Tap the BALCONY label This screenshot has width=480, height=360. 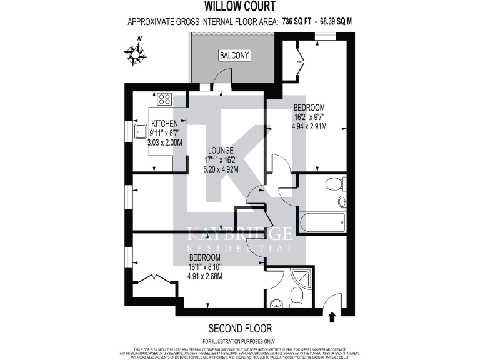coord(234,56)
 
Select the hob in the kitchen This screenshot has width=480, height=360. coord(164,99)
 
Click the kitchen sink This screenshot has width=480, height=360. coord(141,132)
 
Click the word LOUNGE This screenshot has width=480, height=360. coord(221,150)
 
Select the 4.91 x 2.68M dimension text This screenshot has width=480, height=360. coord(206,276)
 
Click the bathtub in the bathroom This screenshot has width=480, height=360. coord(322,221)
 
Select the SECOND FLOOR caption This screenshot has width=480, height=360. coord(239,328)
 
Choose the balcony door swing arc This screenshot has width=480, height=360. coord(221,76)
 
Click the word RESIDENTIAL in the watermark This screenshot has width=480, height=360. coord(240,248)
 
